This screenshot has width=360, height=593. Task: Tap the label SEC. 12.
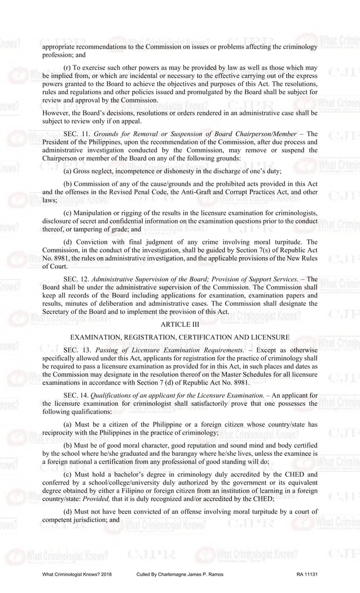click(74, 279)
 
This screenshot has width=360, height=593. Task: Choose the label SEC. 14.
click(74, 396)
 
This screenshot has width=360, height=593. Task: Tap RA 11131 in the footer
click(307, 574)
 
